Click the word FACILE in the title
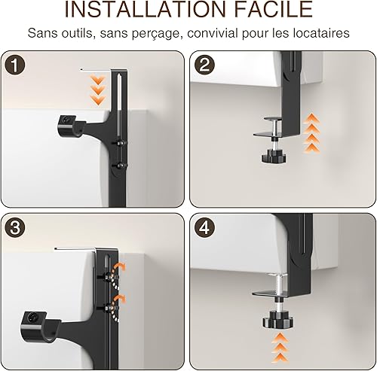click(x=274, y=9)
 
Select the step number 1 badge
click(x=15, y=65)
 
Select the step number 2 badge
click(x=204, y=65)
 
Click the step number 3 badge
click(x=15, y=227)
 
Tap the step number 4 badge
click(x=204, y=227)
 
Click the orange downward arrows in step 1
click(x=98, y=90)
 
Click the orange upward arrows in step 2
click(x=311, y=133)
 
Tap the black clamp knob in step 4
click(x=278, y=320)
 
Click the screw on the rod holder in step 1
click(x=66, y=120)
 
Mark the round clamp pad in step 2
click(x=274, y=119)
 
